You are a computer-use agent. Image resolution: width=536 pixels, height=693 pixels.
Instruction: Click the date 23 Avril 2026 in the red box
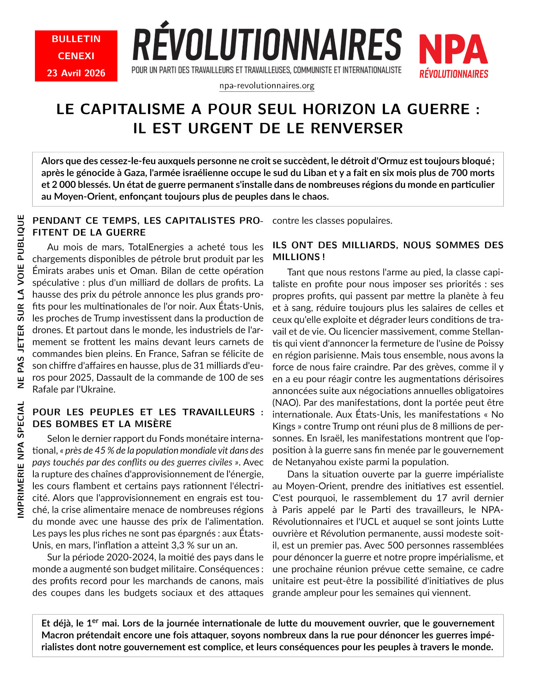pyautogui.click(x=76, y=73)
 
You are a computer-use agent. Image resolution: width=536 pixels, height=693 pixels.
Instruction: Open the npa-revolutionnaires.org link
pyautogui.click(x=267, y=86)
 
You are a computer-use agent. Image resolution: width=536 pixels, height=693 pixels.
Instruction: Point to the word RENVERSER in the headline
pyautogui.click(x=356, y=129)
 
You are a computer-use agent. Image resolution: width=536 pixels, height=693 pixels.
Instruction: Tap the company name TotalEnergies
pyautogui.click(x=156, y=247)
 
